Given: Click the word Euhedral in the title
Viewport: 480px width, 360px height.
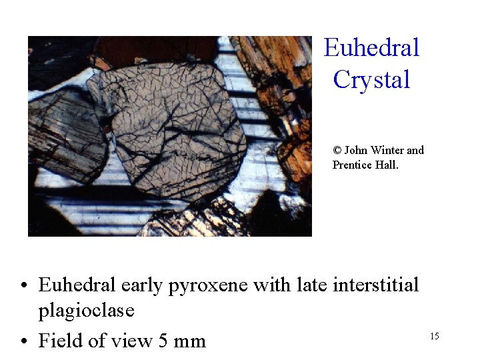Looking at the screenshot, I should point(371,48).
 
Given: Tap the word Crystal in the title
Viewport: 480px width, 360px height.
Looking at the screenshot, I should point(371,80).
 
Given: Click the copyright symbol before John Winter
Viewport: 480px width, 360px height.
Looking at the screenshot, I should point(337,151).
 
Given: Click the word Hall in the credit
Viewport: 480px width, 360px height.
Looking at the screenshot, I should point(387,165).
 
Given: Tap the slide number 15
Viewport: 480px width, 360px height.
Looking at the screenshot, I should point(434,336).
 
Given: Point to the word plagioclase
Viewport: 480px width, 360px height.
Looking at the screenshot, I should point(87,311).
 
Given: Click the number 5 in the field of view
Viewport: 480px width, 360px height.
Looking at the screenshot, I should point(163,341).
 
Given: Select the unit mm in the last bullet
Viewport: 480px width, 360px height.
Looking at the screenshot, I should point(190,341).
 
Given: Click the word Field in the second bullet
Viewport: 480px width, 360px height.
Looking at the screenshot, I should point(61,341).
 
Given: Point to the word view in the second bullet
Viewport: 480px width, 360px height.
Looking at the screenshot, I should point(130,341).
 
